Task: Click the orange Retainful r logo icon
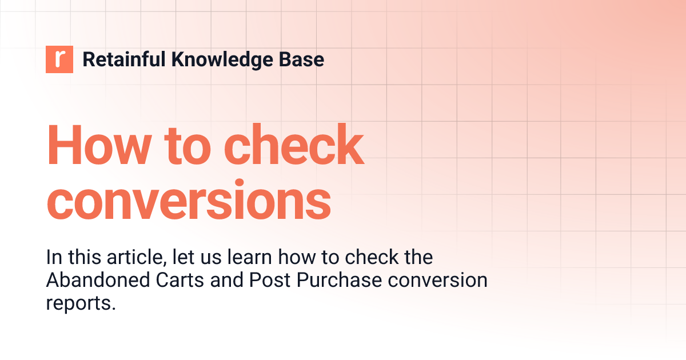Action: pyautogui.click(x=59, y=59)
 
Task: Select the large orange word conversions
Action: pyautogui.click(x=189, y=199)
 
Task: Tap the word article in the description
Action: pyautogui.click(x=138, y=257)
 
